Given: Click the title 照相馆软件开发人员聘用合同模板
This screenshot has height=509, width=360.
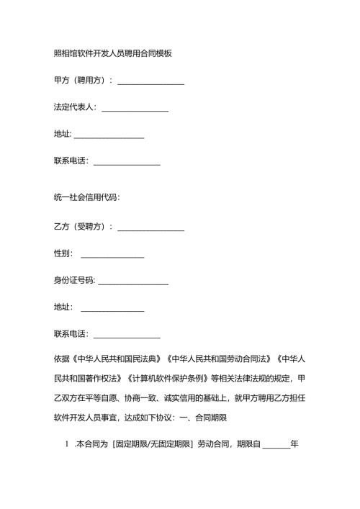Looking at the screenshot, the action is [112, 53].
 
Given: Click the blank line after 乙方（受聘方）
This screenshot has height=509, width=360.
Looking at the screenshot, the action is [150, 229].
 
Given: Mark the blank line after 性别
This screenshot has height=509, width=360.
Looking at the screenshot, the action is [112, 256].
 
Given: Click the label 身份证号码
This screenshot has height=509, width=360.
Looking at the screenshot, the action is [74, 280].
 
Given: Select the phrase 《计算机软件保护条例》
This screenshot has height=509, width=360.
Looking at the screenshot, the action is [168, 377].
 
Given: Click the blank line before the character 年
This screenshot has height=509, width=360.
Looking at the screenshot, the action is [276, 446].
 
